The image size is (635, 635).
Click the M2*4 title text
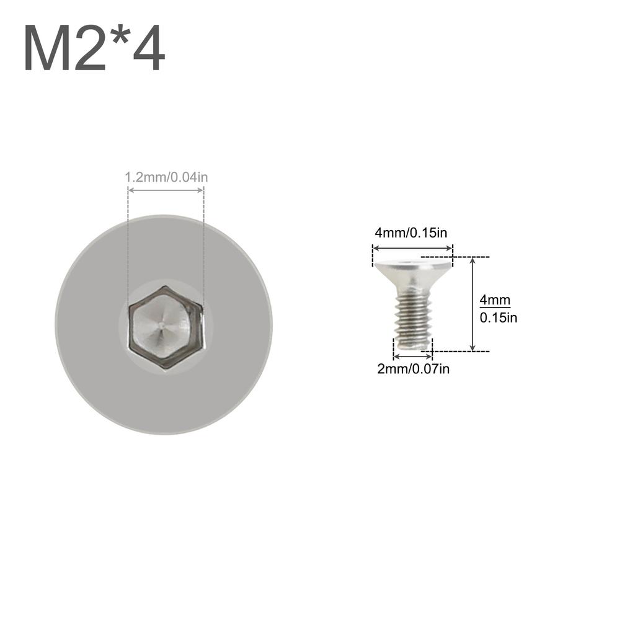[94, 49]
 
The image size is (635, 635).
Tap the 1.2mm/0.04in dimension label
[166, 177]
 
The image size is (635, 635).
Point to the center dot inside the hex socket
[161, 323]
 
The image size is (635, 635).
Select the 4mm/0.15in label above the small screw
[411, 233]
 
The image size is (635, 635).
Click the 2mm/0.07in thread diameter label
[413, 369]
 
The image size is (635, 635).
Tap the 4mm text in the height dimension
[495, 300]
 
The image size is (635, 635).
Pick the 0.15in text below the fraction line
[499, 318]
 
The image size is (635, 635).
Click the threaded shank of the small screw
[413, 319]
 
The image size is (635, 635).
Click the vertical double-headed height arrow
[473, 304]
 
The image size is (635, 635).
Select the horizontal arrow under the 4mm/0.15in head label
[412, 248]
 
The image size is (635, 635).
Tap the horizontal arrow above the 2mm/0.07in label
[413, 356]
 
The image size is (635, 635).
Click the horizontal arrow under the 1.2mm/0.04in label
[166, 191]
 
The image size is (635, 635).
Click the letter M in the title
[47, 49]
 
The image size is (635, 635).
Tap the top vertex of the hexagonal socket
[166, 286]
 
